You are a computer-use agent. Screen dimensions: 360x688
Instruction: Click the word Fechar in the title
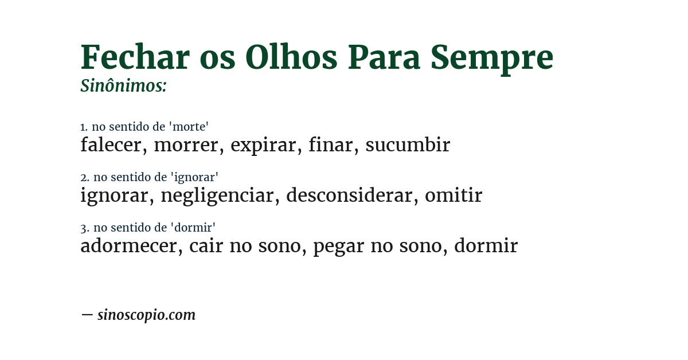[x=135, y=57]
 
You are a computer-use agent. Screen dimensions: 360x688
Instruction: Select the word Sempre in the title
[x=491, y=57]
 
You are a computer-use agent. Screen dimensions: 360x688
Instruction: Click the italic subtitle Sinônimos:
[x=123, y=86]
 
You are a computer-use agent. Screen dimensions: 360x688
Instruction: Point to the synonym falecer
[x=110, y=145]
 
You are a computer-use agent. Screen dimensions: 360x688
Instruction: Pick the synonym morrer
[x=186, y=145]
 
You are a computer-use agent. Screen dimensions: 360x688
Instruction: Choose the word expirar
[x=263, y=145]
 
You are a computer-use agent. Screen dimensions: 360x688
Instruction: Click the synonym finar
[x=330, y=145]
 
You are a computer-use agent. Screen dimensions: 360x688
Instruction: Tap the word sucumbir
[x=408, y=145]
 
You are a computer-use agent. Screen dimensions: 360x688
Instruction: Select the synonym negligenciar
[x=217, y=195]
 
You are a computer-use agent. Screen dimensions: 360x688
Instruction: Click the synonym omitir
[x=454, y=195]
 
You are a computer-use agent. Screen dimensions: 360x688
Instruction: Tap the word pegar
[x=338, y=246]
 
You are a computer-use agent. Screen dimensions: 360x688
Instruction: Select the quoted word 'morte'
[x=190, y=127]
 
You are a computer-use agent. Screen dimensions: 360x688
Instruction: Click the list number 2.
[x=84, y=178]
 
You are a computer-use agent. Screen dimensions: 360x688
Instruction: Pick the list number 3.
[x=84, y=228]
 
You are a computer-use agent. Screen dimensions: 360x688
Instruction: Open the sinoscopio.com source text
[x=146, y=315]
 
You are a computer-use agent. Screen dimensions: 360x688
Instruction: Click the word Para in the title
[x=384, y=57]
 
